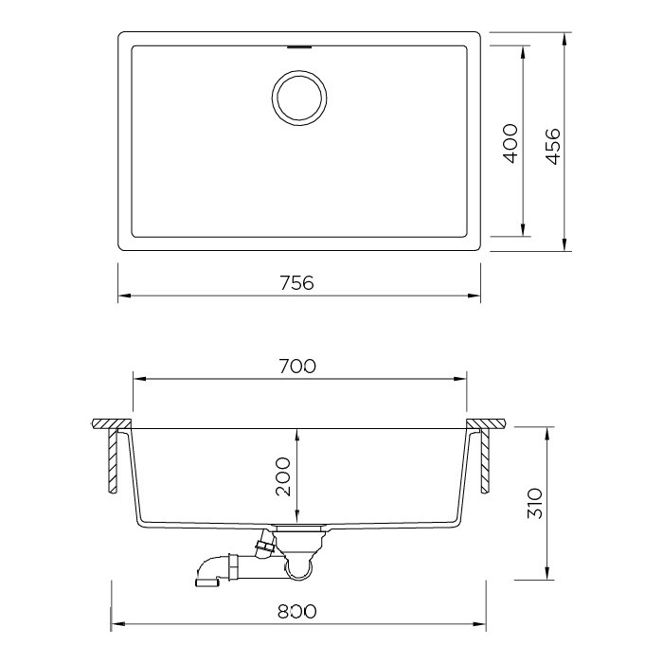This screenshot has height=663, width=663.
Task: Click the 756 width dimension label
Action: point(297,283)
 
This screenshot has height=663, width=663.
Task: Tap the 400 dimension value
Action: point(511,143)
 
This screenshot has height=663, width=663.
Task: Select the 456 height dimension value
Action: point(552,146)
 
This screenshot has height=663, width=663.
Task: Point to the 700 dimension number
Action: point(297,367)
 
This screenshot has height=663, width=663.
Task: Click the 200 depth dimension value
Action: point(283,476)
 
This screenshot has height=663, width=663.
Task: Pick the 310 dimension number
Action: point(534,503)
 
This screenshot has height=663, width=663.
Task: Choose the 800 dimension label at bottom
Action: point(297,611)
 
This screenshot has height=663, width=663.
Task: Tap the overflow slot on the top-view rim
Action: point(300,47)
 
